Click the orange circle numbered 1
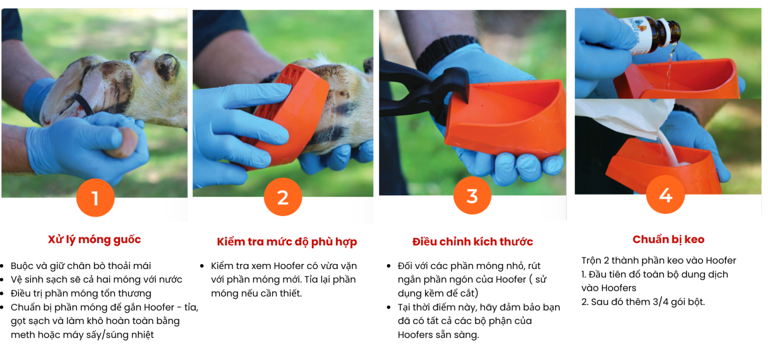tap(95, 197)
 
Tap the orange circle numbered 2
tap(283, 197)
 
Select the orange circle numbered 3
tap(472, 195)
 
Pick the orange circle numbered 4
tap(665, 194)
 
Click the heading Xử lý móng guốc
tap(94, 239)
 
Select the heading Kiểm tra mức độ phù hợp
tap(287, 241)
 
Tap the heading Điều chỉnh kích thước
tap(472, 241)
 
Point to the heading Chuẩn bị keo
tap(668, 239)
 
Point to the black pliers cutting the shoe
tap(425, 89)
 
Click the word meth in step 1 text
tap(22, 334)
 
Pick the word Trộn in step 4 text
tap(591, 260)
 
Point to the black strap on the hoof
tap(83, 104)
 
